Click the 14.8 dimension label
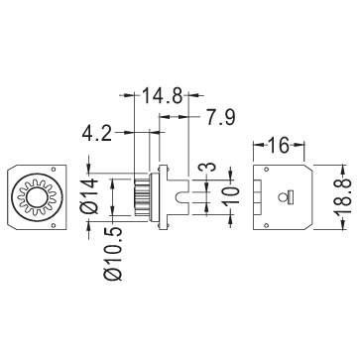click(x=163, y=96)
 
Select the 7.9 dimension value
click(x=220, y=117)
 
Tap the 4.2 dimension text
click(x=97, y=134)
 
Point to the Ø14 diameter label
click(x=90, y=195)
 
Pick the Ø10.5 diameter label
click(x=113, y=254)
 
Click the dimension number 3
click(x=207, y=167)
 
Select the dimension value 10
click(x=231, y=195)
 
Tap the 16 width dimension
click(x=279, y=146)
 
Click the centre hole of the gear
click(x=37, y=197)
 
